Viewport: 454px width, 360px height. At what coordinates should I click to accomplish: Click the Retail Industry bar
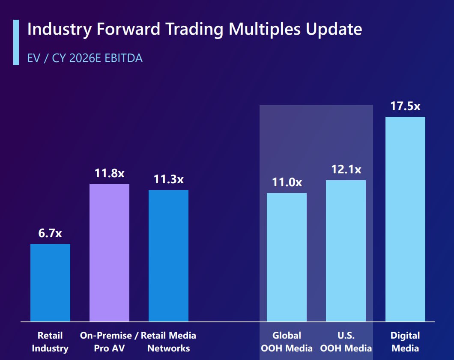click(51, 283)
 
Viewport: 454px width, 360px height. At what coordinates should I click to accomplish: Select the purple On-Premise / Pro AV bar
click(110, 253)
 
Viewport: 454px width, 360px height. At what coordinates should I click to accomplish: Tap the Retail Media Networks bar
click(168, 256)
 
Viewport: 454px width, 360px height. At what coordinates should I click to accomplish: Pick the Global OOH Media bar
click(287, 257)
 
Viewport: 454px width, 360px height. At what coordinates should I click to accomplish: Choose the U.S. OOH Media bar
click(346, 251)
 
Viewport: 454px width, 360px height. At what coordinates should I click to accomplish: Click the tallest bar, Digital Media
click(405, 219)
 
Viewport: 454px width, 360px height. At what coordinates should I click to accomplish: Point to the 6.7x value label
click(50, 233)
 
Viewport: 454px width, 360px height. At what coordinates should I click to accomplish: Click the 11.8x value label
click(110, 173)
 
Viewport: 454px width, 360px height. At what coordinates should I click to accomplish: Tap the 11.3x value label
click(168, 179)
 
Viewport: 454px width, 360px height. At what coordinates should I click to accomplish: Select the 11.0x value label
click(287, 182)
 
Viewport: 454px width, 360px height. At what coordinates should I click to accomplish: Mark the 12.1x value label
click(346, 170)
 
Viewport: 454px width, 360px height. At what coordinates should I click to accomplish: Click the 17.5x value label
click(405, 106)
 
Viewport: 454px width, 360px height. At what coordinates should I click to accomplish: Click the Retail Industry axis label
click(50, 342)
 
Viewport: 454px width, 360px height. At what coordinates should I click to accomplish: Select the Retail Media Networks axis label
click(168, 342)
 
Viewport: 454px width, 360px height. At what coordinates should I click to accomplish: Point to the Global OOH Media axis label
click(287, 342)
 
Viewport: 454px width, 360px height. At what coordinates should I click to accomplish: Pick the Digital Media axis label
click(405, 342)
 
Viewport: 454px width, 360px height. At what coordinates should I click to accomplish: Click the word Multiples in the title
click(265, 29)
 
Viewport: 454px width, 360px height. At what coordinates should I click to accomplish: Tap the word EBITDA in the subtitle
click(124, 58)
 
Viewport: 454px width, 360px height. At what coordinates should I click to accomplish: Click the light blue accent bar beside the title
click(16, 42)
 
